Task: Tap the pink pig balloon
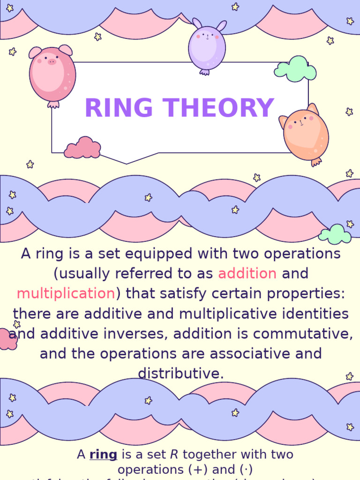[x=52, y=75]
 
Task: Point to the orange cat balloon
[x=305, y=134]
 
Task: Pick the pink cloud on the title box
[x=82, y=148]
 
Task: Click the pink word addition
[x=247, y=273]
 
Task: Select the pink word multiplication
[x=66, y=293]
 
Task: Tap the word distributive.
[x=180, y=374]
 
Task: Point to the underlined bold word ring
[x=103, y=454]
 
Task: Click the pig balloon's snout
[x=52, y=61]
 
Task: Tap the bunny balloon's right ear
[x=221, y=26]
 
